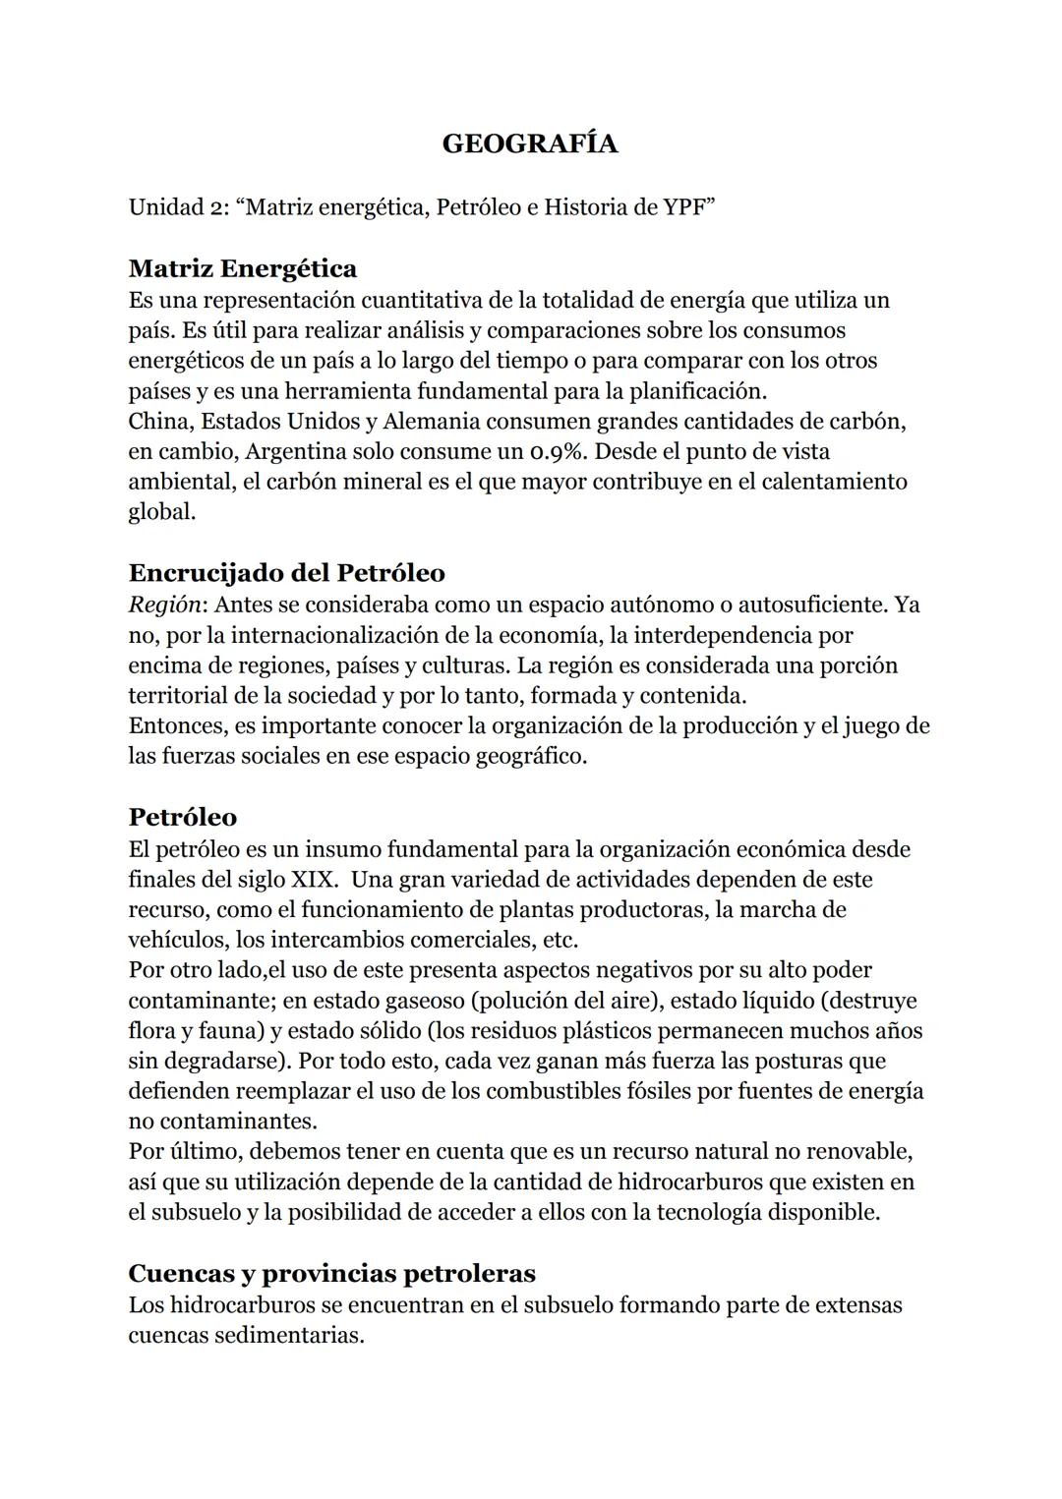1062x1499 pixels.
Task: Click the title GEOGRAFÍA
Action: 530,144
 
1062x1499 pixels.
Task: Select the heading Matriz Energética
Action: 243,268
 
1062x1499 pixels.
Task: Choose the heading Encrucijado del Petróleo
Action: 286,572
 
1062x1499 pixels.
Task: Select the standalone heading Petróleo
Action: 183,817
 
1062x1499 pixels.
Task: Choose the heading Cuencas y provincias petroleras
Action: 332,1273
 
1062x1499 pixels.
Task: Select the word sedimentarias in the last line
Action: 289,1336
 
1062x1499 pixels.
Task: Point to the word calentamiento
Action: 835,482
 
